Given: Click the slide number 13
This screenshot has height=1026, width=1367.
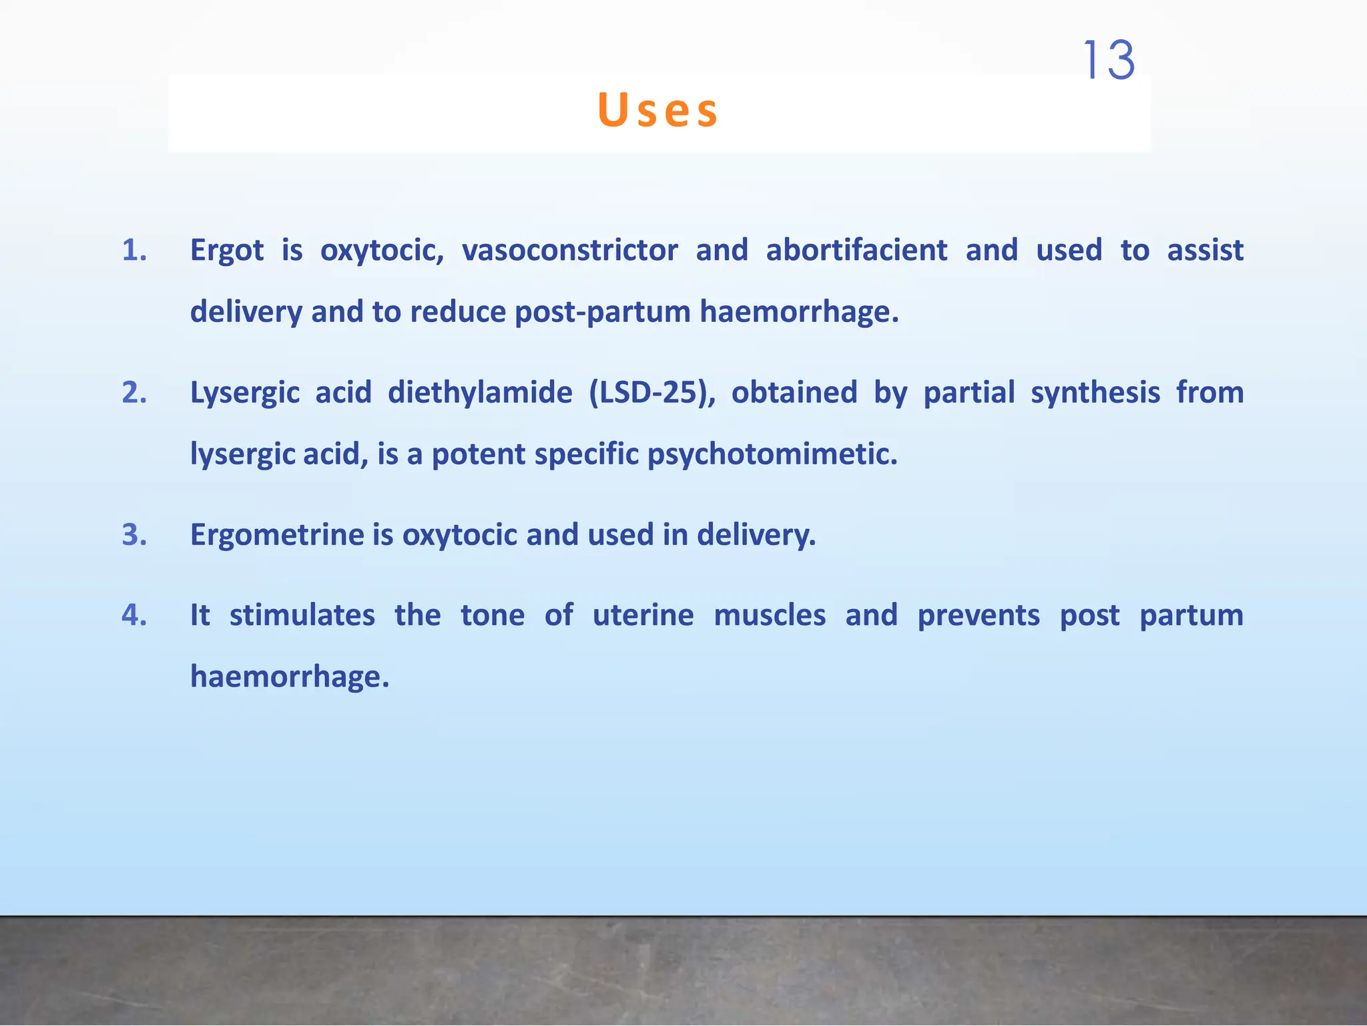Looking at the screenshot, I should [x=1109, y=60].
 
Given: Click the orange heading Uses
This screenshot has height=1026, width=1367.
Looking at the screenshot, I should [x=658, y=110].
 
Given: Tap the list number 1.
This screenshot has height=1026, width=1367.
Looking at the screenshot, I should [x=134, y=250].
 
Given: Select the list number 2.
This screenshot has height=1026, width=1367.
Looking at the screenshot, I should [x=134, y=393].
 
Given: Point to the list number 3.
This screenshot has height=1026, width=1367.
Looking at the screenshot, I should [x=134, y=535].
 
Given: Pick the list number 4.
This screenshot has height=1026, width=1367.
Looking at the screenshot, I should [x=134, y=615].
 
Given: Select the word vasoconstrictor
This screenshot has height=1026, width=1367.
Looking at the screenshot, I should [x=570, y=250].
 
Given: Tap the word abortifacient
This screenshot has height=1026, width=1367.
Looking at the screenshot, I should [x=856, y=250].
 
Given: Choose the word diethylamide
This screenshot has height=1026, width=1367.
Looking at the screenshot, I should [x=480, y=393].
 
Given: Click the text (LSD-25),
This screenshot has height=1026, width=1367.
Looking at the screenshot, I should [x=652, y=393].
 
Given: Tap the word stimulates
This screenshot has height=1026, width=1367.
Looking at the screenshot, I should [x=302, y=615].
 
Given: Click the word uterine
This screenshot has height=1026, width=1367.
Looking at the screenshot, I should [x=643, y=615].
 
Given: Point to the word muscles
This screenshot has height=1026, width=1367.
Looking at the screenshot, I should [x=770, y=615].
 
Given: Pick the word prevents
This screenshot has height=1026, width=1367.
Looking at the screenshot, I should [x=979, y=615].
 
